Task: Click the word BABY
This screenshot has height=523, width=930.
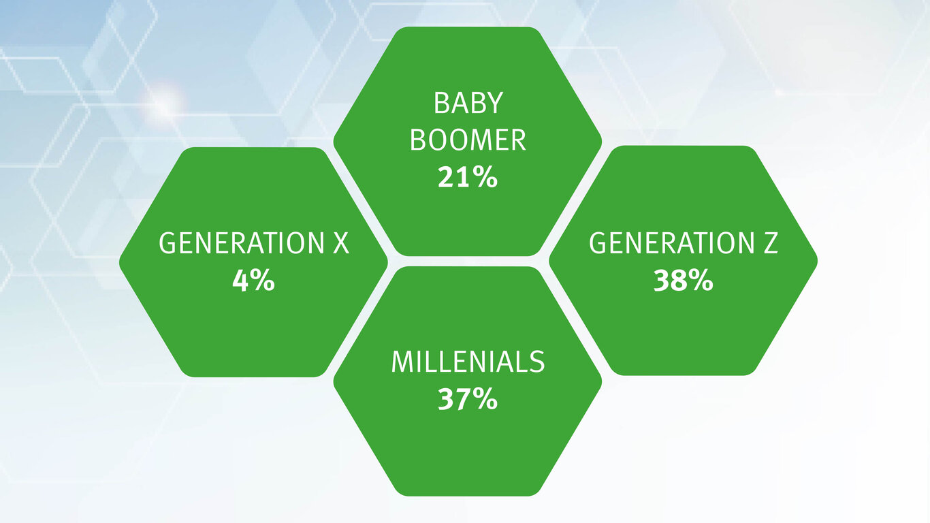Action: click(x=468, y=103)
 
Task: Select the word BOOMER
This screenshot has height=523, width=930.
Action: click(x=468, y=140)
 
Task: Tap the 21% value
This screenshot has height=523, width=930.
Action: click(x=468, y=177)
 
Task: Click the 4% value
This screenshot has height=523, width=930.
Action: click(x=253, y=280)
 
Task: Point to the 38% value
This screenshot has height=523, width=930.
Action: click(x=684, y=280)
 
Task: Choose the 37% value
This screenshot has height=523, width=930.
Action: click(x=468, y=399)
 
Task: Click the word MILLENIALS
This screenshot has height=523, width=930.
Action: click(x=468, y=362)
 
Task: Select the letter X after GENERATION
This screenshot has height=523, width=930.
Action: click(x=341, y=243)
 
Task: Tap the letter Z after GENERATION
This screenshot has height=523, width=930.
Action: click(x=770, y=243)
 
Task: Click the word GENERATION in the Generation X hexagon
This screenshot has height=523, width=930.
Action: click(x=242, y=243)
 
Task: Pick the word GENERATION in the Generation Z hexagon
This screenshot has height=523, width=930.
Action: click(x=671, y=243)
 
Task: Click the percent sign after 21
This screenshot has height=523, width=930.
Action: click(x=483, y=177)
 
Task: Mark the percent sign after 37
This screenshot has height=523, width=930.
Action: click(x=483, y=399)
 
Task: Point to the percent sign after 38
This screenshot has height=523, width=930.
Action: click(x=699, y=280)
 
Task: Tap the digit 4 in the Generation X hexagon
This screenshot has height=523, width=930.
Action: click(x=240, y=281)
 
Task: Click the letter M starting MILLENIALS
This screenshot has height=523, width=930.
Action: click(x=402, y=362)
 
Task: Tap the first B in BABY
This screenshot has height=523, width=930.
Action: click(x=440, y=103)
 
